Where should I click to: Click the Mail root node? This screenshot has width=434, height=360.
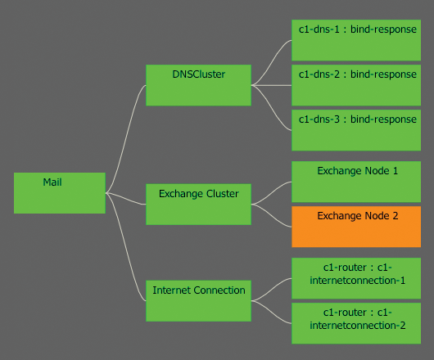coord(60,193)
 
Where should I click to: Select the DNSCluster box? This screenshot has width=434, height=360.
coord(198,85)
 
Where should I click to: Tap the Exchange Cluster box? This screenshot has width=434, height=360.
coord(198,205)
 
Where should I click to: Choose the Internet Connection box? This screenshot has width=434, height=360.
coord(198,300)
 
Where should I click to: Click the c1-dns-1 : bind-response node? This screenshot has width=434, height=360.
coord(357,40)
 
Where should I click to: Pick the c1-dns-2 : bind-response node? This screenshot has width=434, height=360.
coord(357,85)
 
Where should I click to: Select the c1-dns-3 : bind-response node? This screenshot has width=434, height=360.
coord(357,130)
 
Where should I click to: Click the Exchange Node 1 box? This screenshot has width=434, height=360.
coord(357,182)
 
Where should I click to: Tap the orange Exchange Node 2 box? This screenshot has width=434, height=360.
coord(357,227)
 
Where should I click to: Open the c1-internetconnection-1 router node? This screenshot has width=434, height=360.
coord(357,278)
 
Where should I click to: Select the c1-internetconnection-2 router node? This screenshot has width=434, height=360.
coord(357,323)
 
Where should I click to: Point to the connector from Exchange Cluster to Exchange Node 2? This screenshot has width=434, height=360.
coord(272,215)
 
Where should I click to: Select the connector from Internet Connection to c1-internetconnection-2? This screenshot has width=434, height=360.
coord(272,312)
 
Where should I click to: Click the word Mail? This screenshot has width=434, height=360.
coord(52,182)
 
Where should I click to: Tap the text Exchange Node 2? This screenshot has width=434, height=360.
coord(357,216)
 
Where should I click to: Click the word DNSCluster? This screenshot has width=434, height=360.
coord(198,74)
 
